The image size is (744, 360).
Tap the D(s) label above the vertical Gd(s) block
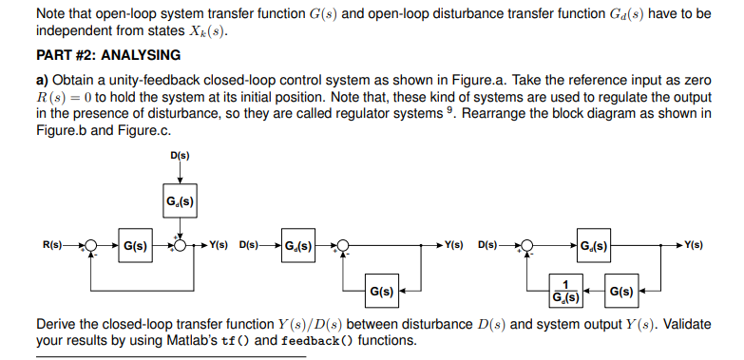click(x=179, y=155)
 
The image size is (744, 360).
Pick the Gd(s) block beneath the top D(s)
click(x=179, y=200)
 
